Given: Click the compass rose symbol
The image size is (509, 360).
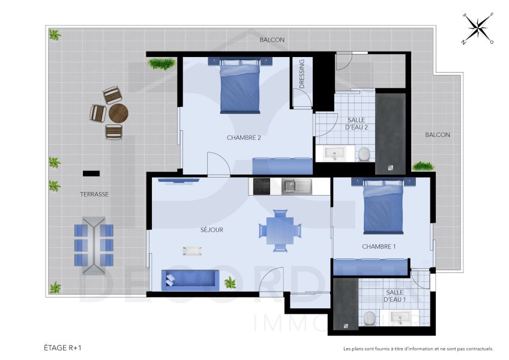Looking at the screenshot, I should point(478,28).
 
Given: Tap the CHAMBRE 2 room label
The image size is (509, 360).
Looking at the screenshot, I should point(244,138).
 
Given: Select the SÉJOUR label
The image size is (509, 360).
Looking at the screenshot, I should point(212,230).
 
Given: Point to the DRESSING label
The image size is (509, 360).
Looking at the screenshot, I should point(302,74).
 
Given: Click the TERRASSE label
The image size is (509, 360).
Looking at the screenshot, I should point(94,194).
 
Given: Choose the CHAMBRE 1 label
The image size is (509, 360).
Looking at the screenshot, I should point(379,247).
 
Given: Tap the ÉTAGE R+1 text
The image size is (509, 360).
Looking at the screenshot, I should point(62,347).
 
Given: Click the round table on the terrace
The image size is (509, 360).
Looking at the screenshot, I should point(119,113).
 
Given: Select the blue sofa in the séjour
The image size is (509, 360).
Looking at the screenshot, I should point(190,279).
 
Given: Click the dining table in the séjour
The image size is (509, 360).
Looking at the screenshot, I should point(280,230).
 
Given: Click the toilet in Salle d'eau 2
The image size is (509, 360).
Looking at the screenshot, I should point(364,155).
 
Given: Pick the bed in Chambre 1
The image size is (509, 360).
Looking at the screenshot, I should point(384,207).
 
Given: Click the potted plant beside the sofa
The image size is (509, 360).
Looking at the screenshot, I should point(230,282).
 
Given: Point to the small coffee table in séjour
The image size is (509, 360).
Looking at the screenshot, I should point(193,250).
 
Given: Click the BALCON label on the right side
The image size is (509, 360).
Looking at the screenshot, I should point(438,135).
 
